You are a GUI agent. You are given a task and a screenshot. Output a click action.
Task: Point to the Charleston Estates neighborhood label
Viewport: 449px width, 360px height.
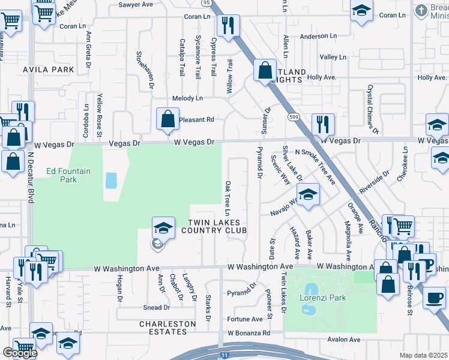pos(167,328)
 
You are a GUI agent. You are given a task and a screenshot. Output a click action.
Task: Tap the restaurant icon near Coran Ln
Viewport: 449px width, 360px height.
pos(228,25)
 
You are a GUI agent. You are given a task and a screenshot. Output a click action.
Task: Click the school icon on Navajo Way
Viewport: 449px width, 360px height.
pos(308,195)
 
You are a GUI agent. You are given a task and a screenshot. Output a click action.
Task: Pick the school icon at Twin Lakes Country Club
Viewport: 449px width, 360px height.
pos(163,228)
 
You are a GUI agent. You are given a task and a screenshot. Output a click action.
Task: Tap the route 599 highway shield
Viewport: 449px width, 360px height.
pos(294,116)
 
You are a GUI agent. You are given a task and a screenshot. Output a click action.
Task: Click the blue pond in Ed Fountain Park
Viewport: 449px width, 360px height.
pos(111,180)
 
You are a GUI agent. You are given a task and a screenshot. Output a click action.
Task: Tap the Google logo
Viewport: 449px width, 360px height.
pos(20,353)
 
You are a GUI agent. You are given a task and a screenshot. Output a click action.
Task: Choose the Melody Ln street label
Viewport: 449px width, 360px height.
pos(188,98)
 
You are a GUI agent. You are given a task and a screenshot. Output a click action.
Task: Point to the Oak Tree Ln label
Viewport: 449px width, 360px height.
pos(228,198)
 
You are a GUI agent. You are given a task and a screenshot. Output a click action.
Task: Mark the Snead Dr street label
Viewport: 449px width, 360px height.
pos(157,307)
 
